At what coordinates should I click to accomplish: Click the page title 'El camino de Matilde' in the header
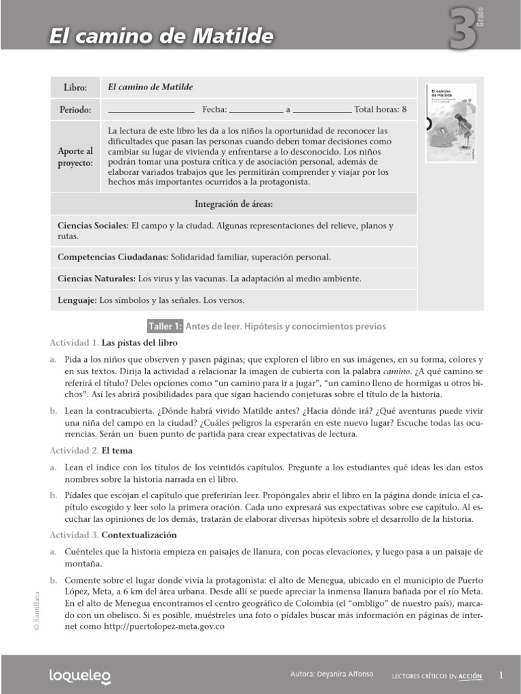tap(161, 35)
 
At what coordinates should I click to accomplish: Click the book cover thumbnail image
tap(450, 123)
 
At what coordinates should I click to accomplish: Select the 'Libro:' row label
tap(75, 88)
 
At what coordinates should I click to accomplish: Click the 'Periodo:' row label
tap(75, 109)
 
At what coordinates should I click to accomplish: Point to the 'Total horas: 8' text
tap(381, 109)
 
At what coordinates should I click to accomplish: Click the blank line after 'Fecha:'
tap(256, 109)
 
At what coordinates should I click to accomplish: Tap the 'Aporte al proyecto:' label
tap(75, 157)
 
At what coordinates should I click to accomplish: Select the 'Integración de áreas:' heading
tap(234, 203)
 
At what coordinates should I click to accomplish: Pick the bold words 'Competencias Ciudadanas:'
tap(113, 258)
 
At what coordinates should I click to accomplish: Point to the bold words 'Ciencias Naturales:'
tap(96, 279)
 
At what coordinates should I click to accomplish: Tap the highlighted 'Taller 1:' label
tap(166, 327)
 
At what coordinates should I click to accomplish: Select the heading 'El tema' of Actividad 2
tap(117, 450)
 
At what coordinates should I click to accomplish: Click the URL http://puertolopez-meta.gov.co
tap(160, 627)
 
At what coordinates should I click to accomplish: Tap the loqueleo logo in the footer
tap(80, 676)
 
